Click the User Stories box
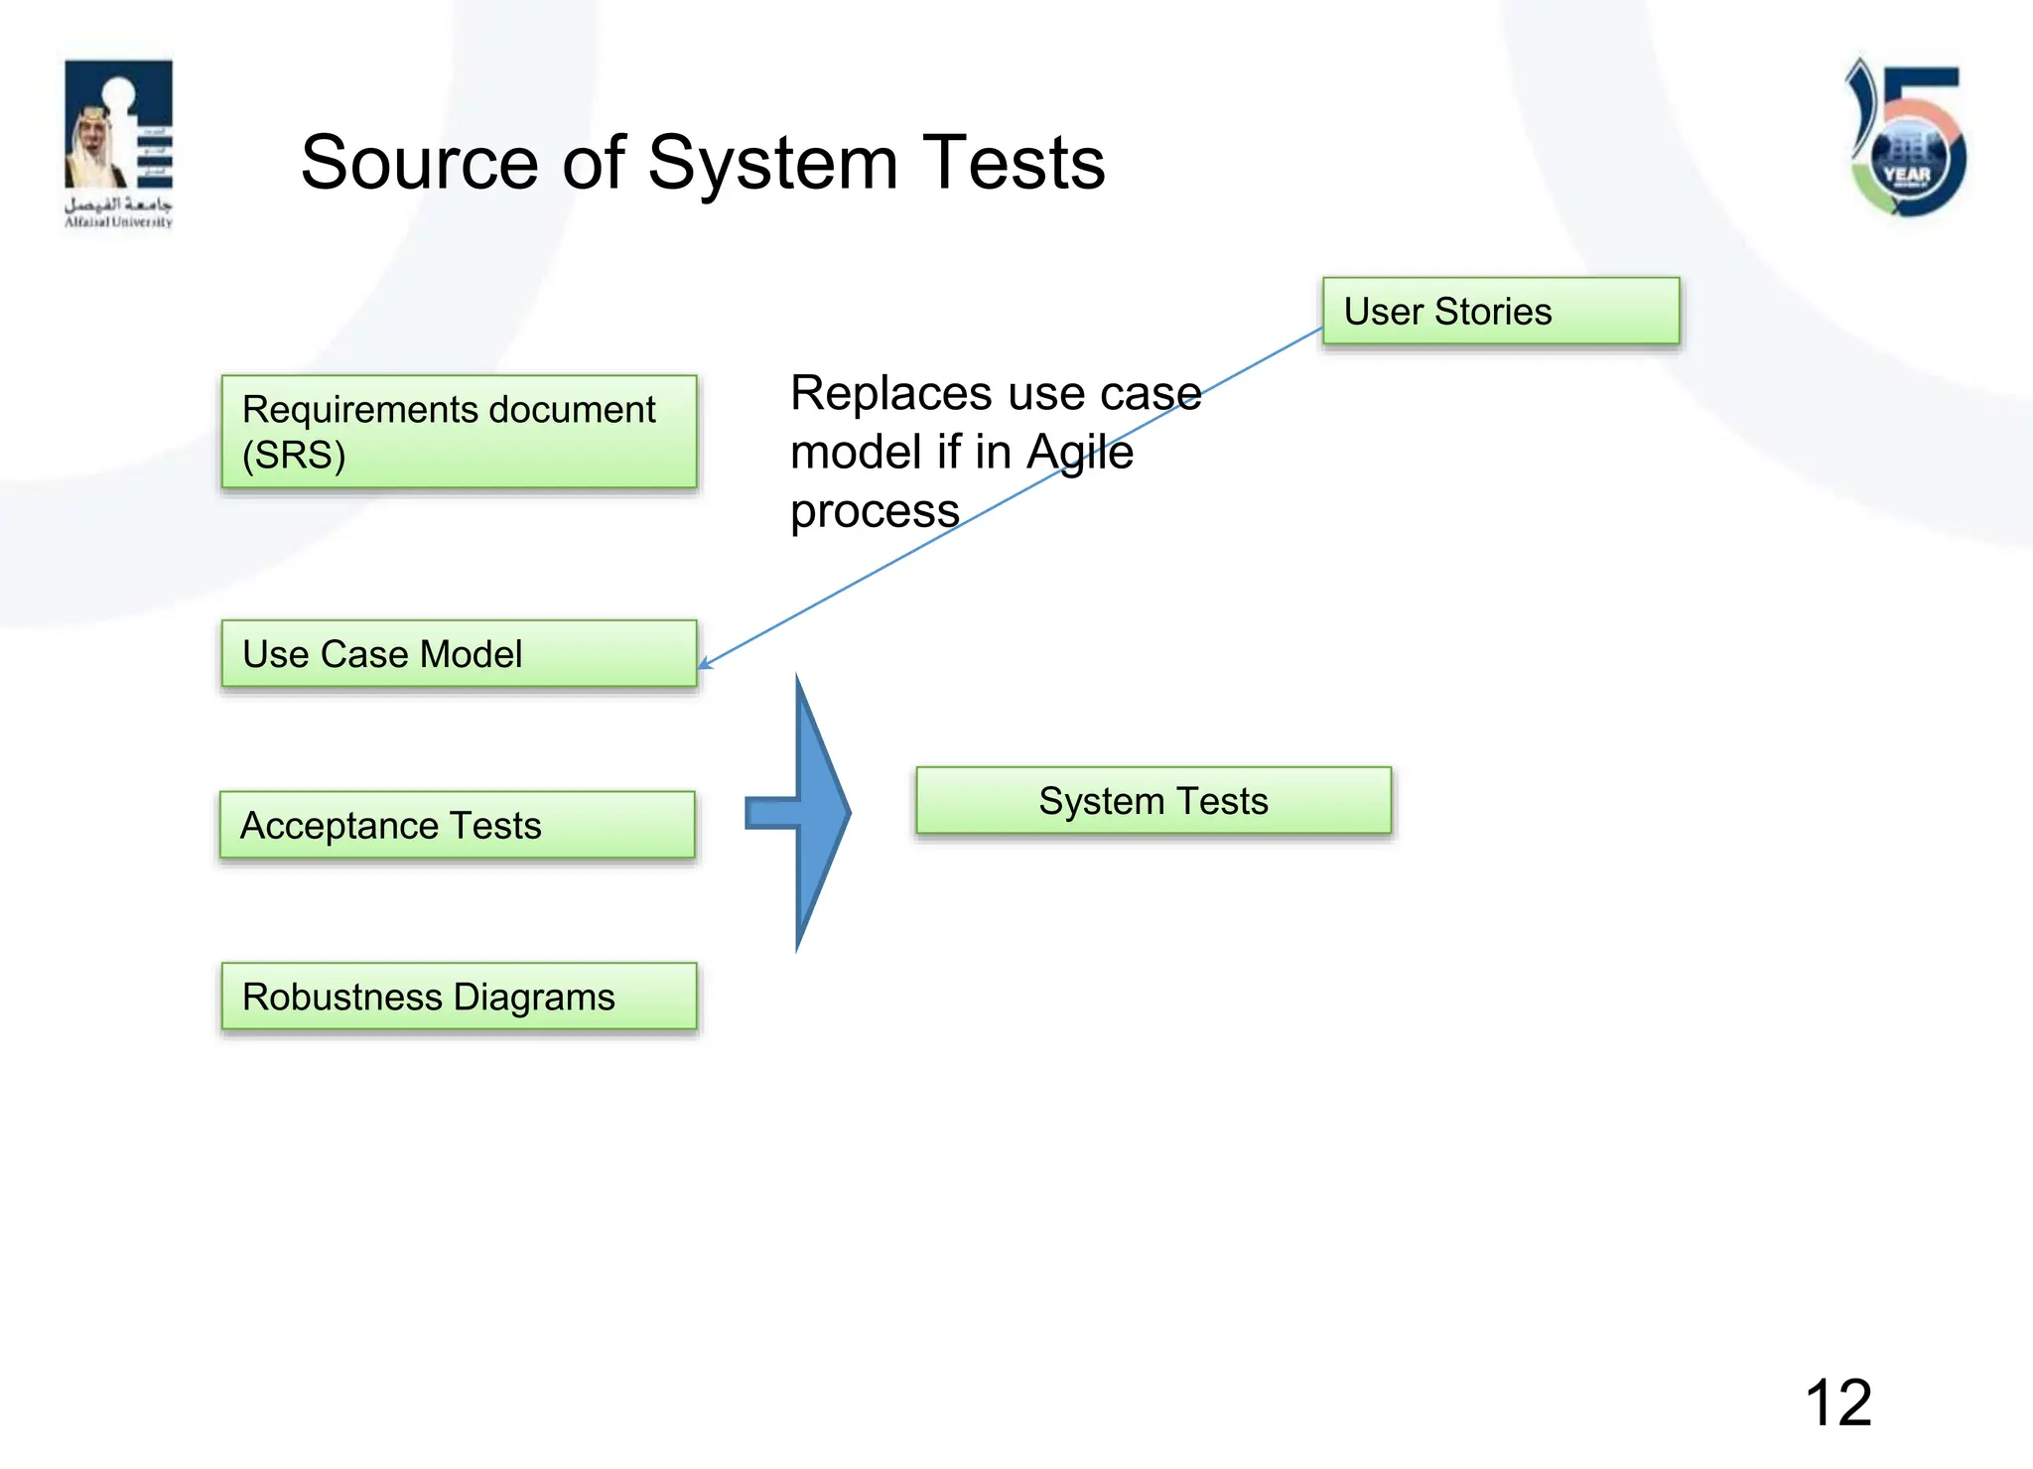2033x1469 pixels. [1500, 312]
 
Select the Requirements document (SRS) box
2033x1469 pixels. [459, 432]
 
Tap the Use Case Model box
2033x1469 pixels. [459, 654]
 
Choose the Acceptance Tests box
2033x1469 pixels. [457, 825]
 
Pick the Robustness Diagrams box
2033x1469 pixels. [459, 997]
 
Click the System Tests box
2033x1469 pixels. [1152, 801]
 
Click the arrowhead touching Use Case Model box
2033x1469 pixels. [704, 664]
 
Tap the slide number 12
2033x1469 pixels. [1837, 1402]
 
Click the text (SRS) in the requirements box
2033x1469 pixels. [294, 456]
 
